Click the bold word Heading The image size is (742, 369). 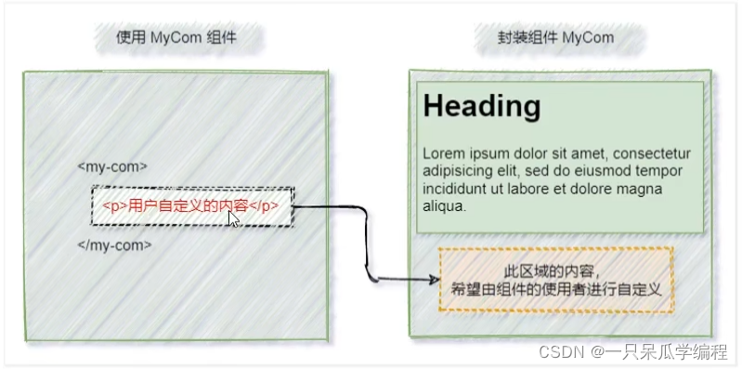tap(481, 106)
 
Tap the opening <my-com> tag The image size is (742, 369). tap(111, 166)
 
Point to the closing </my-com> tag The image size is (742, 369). tap(113, 245)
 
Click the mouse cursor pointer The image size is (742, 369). tap(234, 217)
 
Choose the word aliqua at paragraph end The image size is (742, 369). tap(443, 206)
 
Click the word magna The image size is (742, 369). tap(641, 189)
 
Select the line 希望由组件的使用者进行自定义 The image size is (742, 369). tap(555, 289)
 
